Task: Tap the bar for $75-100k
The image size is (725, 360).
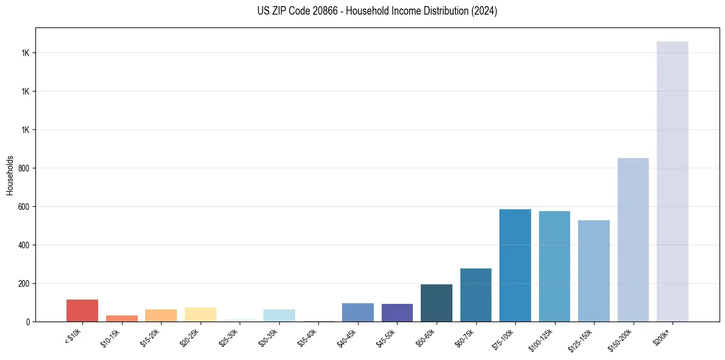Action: click(515, 265)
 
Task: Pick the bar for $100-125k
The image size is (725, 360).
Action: click(554, 267)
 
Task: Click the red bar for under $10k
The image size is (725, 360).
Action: click(82, 311)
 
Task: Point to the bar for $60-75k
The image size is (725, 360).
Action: click(476, 295)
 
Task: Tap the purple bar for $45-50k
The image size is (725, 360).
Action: click(397, 312)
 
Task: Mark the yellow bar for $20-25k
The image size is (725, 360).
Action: click(200, 314)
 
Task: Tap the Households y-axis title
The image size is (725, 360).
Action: click(10, 175)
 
